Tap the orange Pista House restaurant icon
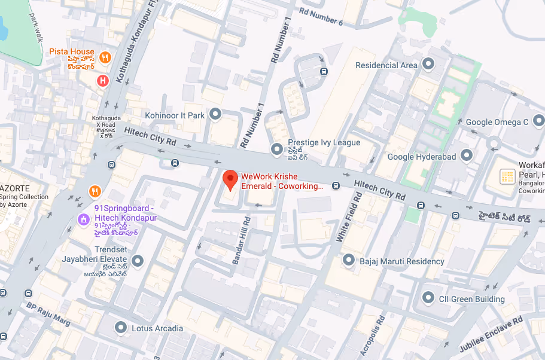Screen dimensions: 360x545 pos(105,57)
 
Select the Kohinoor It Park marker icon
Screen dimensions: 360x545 pos(216,114)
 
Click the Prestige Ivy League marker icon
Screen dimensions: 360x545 pos(276,148)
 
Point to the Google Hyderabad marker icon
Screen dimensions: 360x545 pos(467,157)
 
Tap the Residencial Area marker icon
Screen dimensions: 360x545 pos(428,64)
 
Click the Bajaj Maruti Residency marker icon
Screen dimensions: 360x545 pos(349,261)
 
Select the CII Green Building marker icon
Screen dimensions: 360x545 pos(428,297)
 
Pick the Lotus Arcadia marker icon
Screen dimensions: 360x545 pos(121,328)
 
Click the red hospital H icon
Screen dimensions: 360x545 pos(103,80)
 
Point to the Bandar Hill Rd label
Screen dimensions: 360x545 pos(242,240)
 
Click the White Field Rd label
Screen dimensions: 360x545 pos(349,216)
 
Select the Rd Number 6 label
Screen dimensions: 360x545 pos(321,16)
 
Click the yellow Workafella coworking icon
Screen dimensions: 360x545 pos(507,177)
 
